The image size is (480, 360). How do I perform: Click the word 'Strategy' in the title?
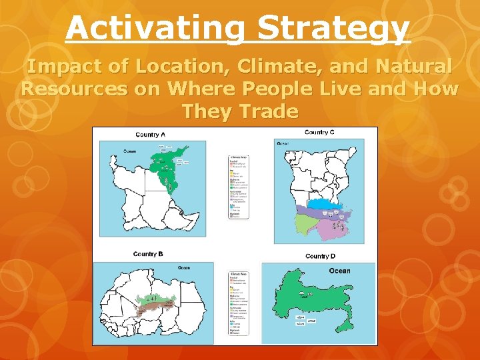click(x=333, y=28)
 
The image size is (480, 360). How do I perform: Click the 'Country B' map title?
click(x=148, y=254)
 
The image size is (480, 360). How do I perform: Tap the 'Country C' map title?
click(x=319, y=132)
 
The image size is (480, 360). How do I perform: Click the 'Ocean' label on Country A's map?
click(x=129, y=151)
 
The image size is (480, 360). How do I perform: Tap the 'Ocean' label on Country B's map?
click(x=183, y=268)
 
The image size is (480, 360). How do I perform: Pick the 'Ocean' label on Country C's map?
click(x=283, y=143)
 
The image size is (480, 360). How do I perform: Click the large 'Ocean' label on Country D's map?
click(x=339, y=271)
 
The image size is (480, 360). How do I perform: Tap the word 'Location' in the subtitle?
click(x=167, y=67)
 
